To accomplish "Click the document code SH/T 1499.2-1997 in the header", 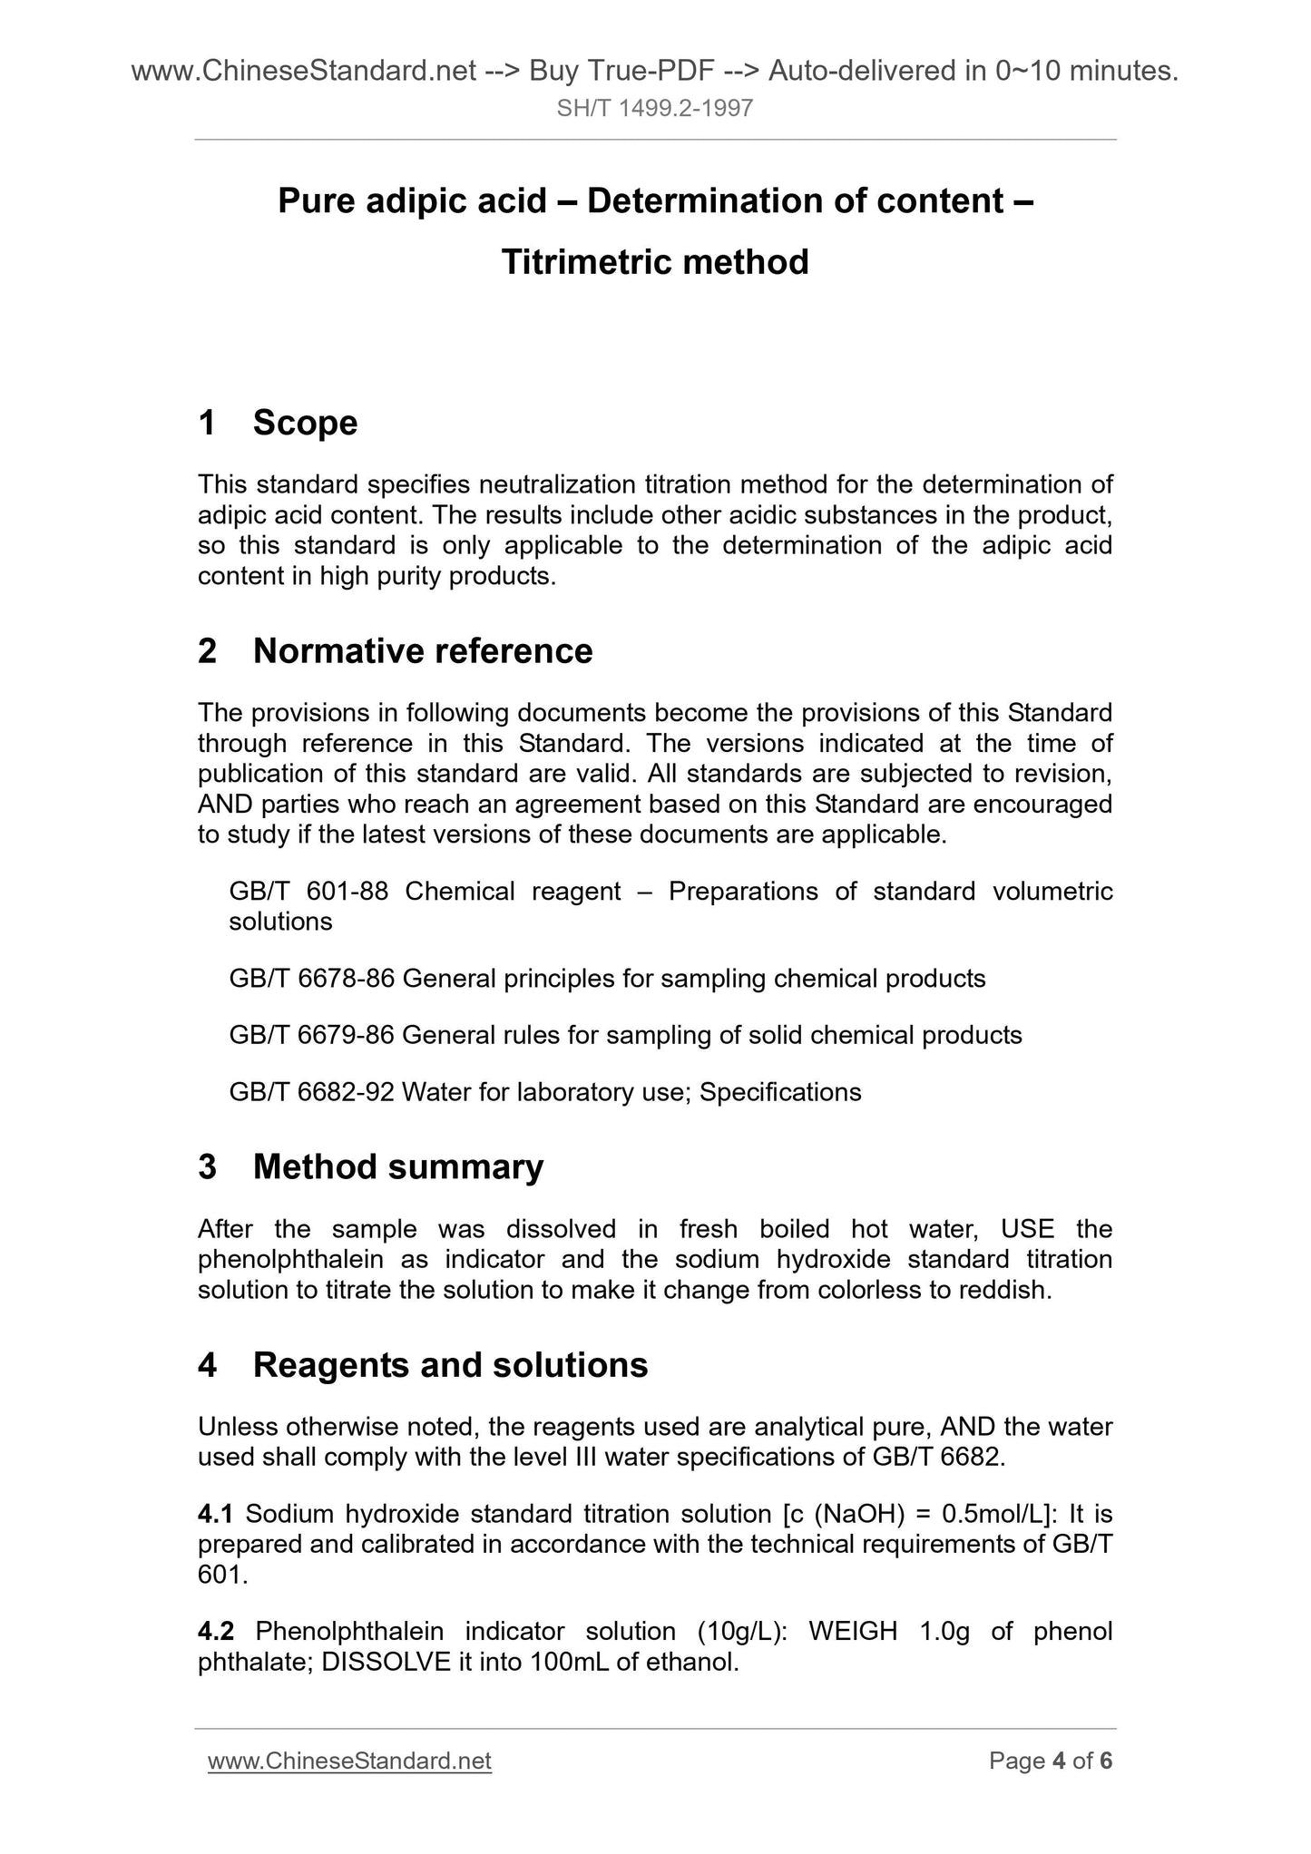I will click(x=655, y=110).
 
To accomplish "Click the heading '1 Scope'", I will click(x=278, y=423).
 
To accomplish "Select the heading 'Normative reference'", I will click(x=422, y=651).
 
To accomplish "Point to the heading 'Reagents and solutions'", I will click(x=450, y=1365).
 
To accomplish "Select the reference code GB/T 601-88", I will click(x=308, y=892).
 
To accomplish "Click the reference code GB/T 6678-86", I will click(x=311, y=979).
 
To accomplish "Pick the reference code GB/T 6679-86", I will click(x=311, y=1035).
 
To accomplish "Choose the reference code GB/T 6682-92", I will click(x=311, y=1092).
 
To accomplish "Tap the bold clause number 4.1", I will click(x=216, y=1514).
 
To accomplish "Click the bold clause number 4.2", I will click(x=216, y=1632).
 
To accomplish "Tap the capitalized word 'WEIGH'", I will click(x=852, y=1632).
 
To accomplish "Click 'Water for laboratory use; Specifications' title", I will click(x=631, y=1092).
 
